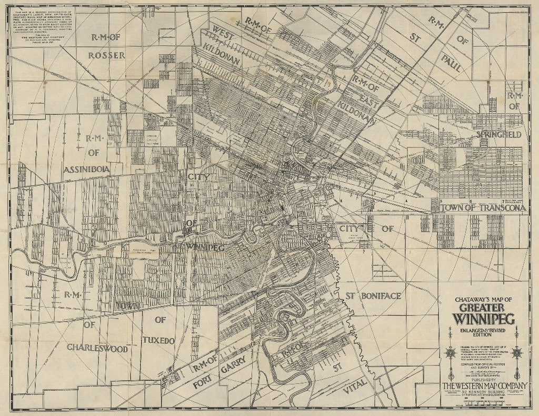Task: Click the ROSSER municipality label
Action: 106,55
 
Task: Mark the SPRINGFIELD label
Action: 498,135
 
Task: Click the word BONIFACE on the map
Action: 381,296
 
